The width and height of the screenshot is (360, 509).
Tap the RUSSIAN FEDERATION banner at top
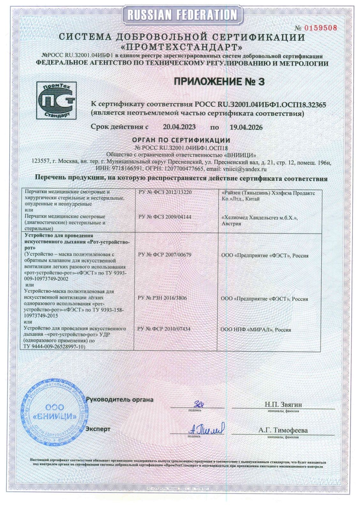pos(180,15)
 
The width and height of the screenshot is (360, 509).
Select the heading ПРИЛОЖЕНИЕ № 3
pos(219,82)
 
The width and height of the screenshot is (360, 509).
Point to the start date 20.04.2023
pos(179,127)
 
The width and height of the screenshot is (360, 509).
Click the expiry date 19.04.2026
pos(246,127)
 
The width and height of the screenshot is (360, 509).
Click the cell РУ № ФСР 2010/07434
pos(164,328)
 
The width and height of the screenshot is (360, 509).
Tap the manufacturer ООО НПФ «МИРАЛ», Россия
pos(256,329)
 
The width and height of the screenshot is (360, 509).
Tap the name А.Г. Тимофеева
pos(283,430)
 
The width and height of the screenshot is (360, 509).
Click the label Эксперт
pos(98,429)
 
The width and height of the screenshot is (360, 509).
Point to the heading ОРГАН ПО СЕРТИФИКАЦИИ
pos(181,140)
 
